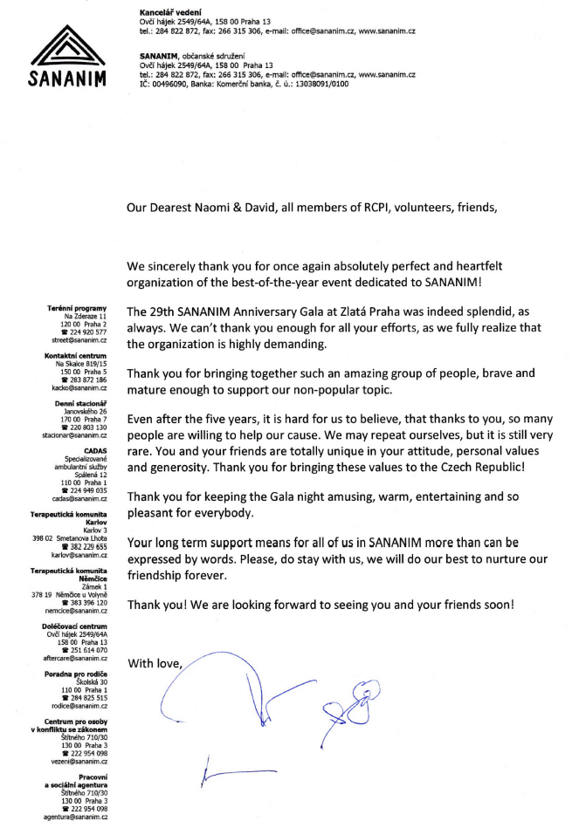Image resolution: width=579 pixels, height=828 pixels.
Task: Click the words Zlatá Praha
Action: (x=383, y=311)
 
